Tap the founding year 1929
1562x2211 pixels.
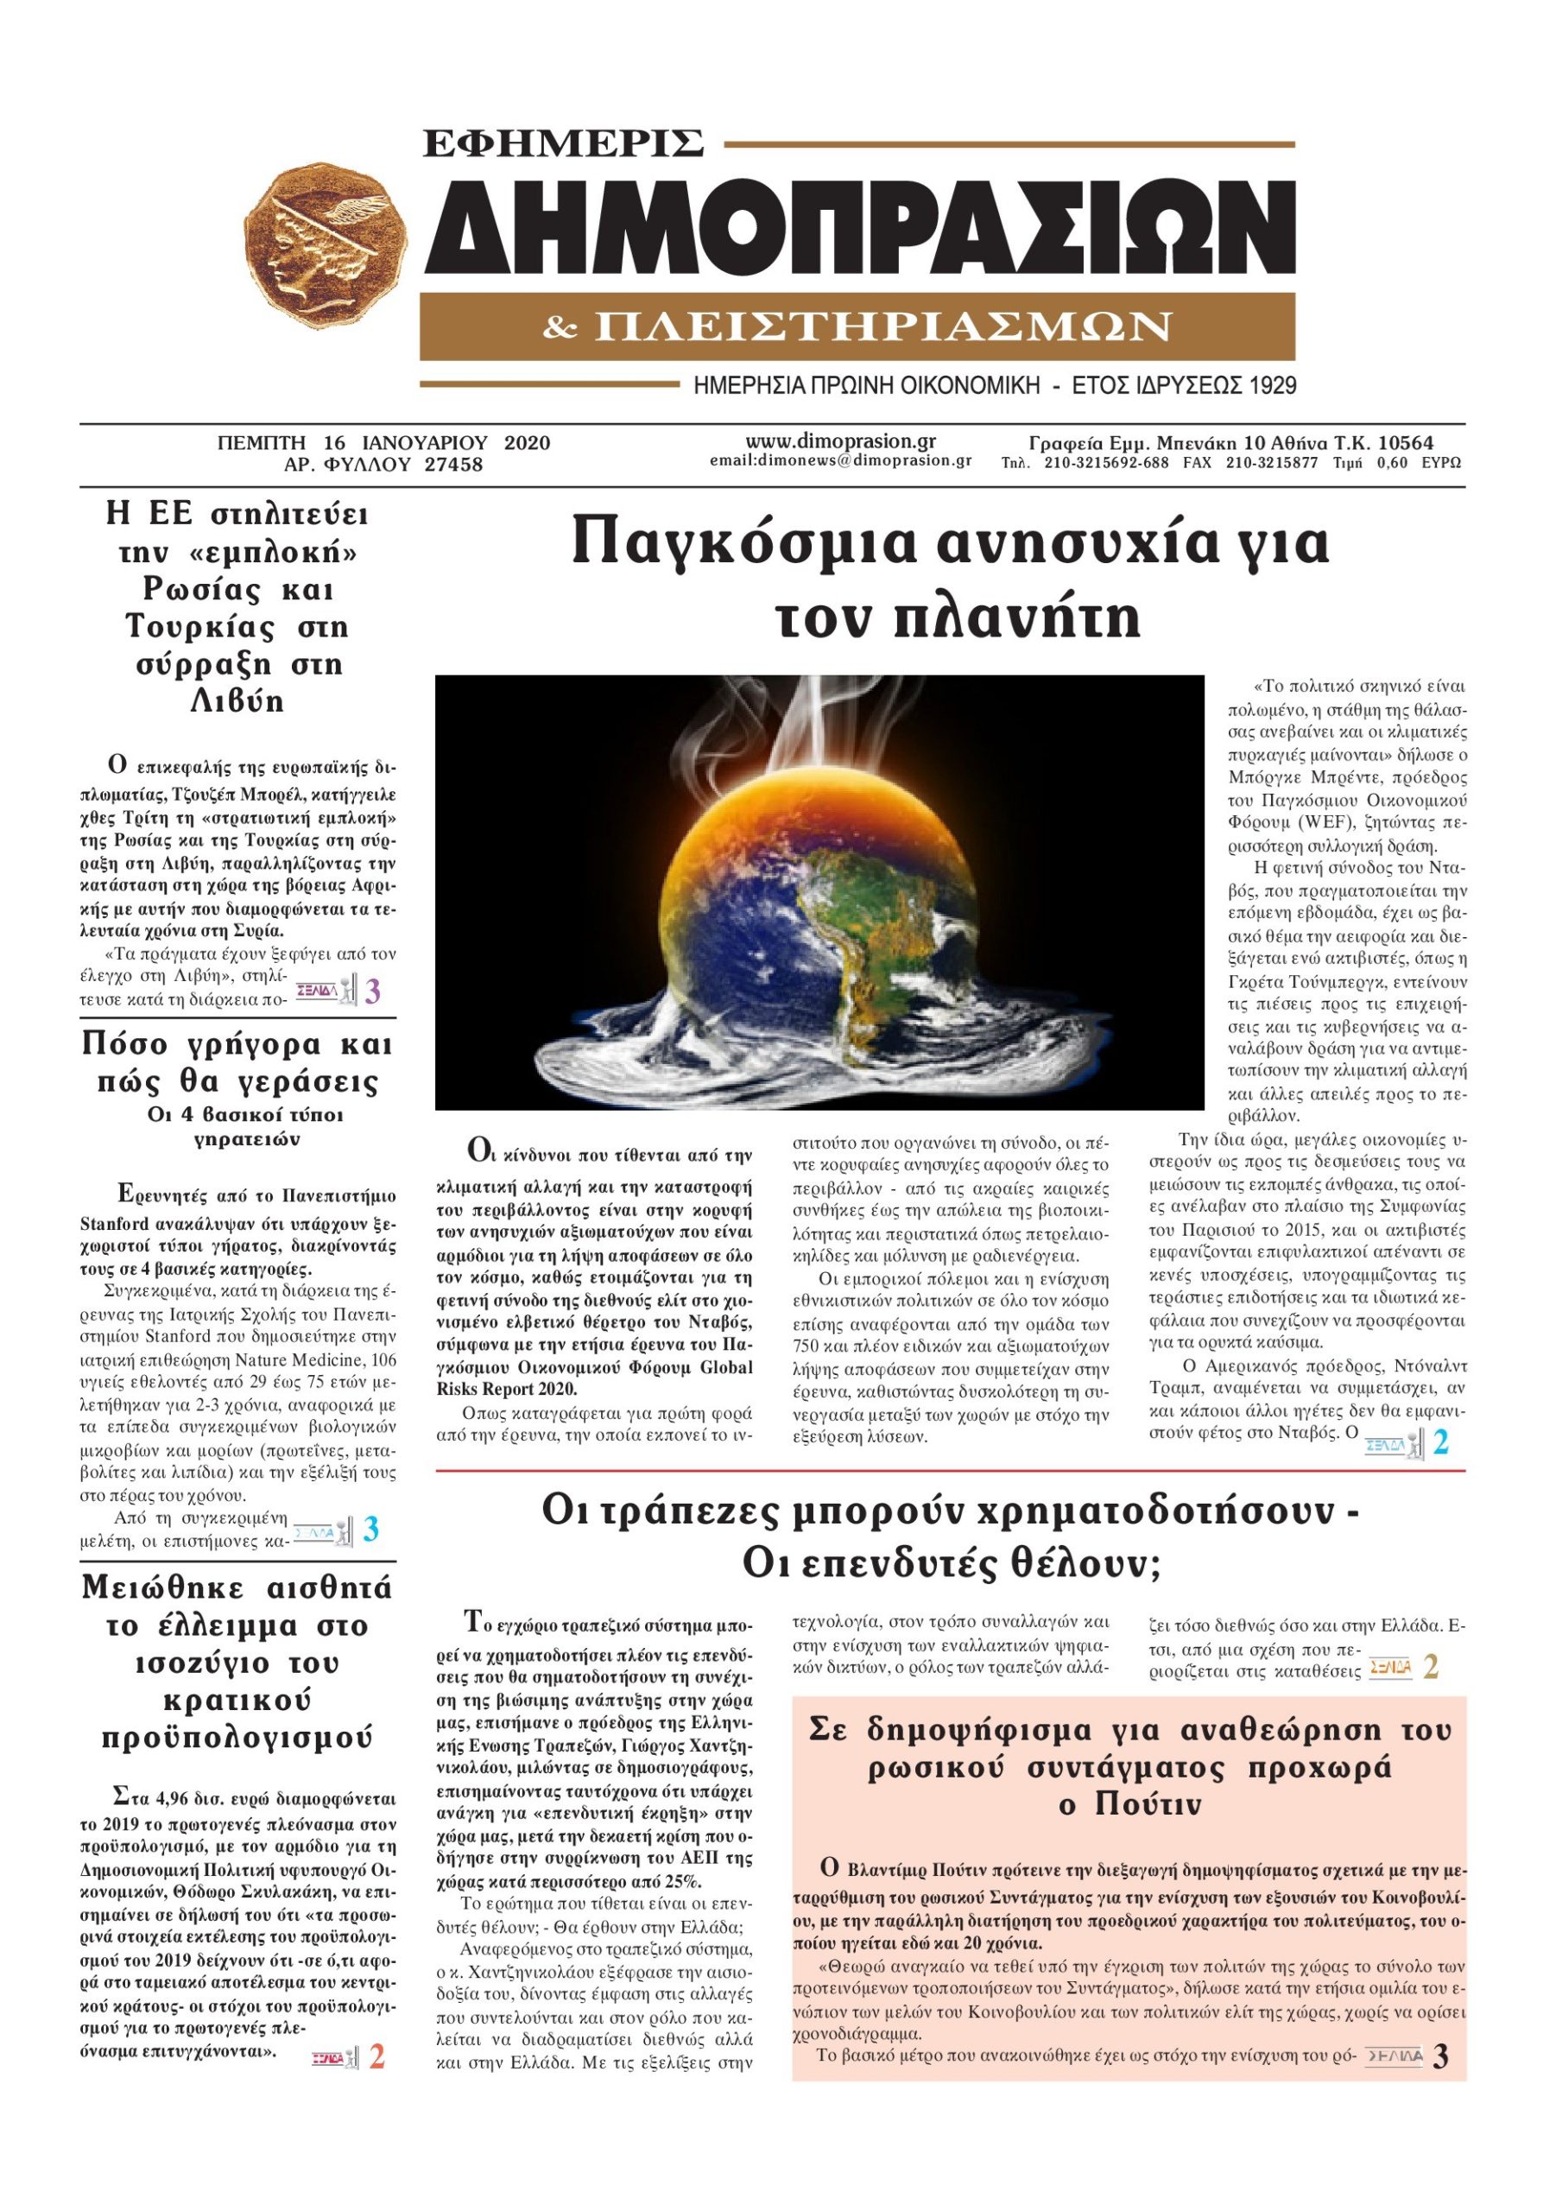1272,386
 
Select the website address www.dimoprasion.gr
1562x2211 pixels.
841,441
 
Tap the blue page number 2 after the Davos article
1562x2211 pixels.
1440,1443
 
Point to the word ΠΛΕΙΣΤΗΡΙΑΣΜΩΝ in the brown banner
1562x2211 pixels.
883,327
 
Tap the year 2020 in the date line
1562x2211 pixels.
527,443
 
